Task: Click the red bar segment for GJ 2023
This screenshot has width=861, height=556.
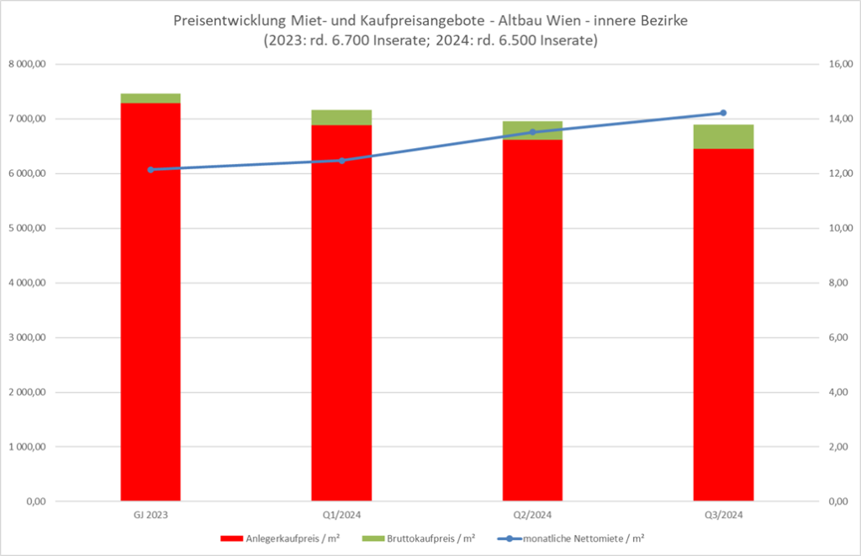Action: point(151,303)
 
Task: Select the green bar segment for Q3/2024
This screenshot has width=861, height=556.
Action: point(723,136)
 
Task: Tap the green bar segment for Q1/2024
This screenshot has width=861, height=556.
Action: point(341,118)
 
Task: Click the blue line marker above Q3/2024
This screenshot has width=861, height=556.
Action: point(723,113)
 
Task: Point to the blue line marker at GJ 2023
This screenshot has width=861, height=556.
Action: point(151,169)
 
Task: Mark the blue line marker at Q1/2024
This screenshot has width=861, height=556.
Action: point(341,160)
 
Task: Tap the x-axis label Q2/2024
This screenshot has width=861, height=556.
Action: point(532,514)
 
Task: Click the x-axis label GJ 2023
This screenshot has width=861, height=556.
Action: point(151,514)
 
